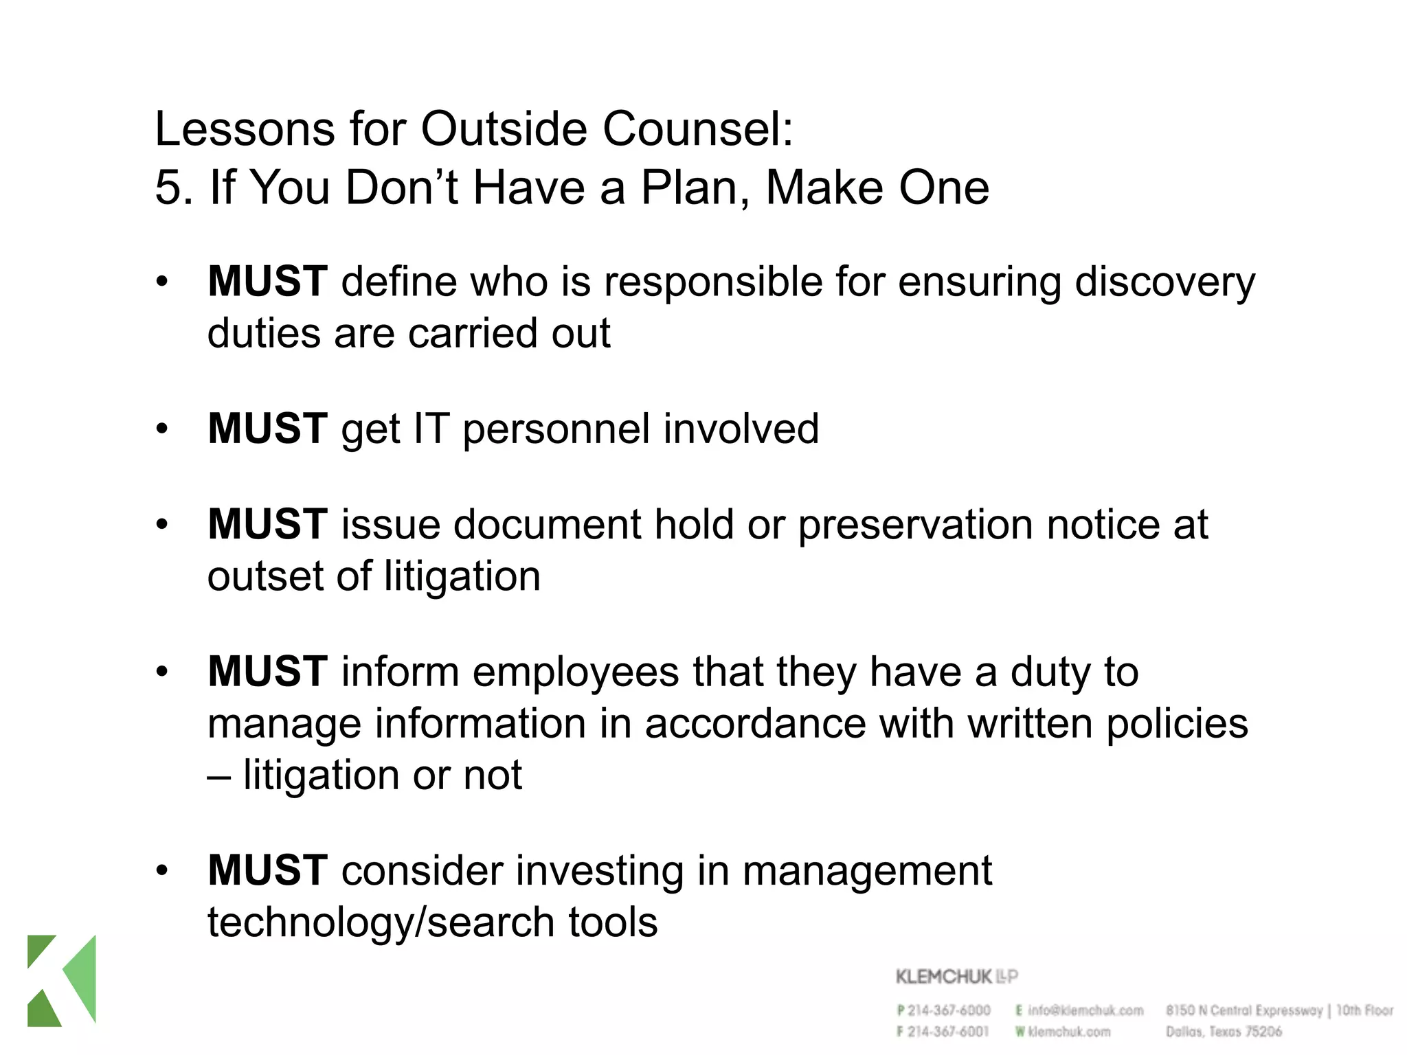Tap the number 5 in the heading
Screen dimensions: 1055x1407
click(x=168, y=187)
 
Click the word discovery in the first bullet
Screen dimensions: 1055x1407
click(x=1164, y=282)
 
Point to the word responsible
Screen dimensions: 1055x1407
click(x=712, y=282)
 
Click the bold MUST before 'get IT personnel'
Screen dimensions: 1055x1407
click(x=267, y=429)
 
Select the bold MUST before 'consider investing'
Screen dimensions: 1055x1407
click(x=267, y=870)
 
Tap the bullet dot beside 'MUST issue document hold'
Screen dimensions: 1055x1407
click(x=161, y=525)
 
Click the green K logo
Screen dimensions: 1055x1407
click(x=61, y=980)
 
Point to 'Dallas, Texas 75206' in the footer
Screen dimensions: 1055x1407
click(x=1224, y=1032)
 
